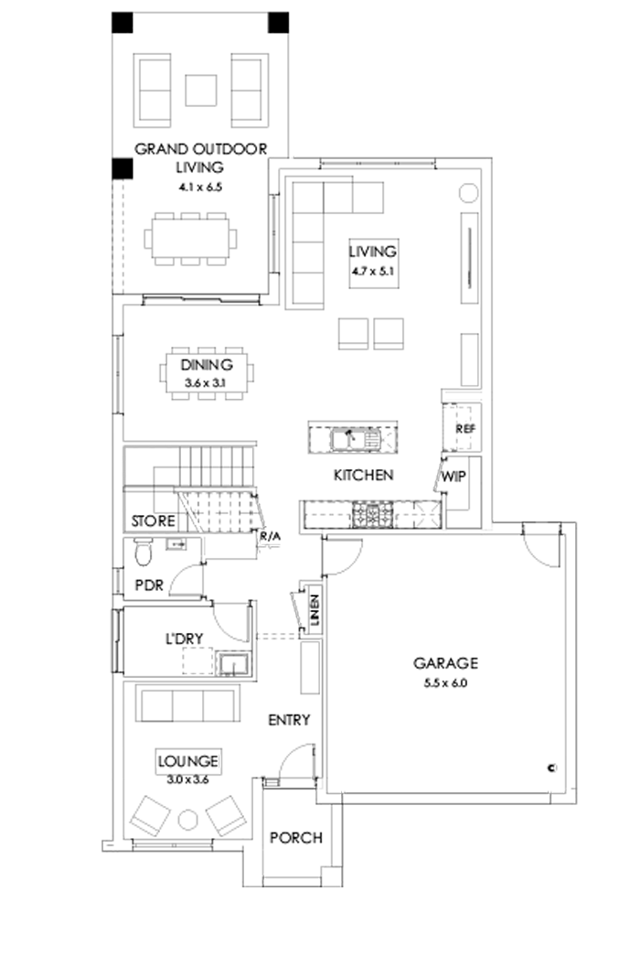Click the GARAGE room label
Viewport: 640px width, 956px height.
coord(445,663)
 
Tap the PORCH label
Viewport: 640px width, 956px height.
coord(295,838)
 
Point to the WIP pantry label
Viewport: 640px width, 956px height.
coord(454,477)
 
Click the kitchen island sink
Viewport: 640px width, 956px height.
coord(347,439)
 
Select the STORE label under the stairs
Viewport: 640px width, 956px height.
coord(152,521)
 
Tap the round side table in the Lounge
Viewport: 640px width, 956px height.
coord(188,819)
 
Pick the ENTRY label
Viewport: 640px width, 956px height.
coord(289,720)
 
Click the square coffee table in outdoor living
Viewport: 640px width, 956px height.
coord(200,90)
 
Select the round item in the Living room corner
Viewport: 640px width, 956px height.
coord(467,193)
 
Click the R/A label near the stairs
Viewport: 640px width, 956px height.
coord(270,536)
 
